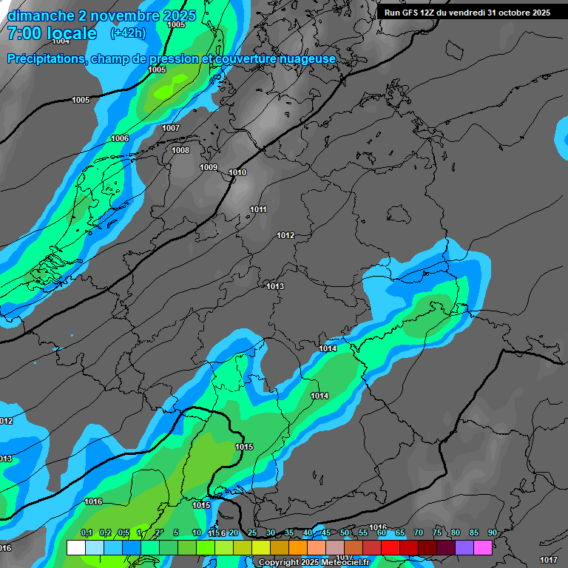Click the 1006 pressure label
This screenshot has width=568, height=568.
[120, 139]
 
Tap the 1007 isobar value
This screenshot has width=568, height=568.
[171, 128]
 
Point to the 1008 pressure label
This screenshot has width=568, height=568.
[180, 150]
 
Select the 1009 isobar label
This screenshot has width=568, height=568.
[209, 167]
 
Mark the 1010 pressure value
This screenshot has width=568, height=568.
[237, 172]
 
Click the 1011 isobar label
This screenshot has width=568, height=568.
[258, 209]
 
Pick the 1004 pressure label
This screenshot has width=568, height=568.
[61, 41]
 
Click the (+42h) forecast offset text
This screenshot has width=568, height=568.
[128, 33]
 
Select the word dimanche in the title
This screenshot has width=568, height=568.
[41, 15]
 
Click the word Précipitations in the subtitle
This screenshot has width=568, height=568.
[44, 59]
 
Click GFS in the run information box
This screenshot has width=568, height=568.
[409, 13]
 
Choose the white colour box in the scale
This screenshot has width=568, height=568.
[75, 547]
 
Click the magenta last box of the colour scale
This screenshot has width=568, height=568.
[483, 547]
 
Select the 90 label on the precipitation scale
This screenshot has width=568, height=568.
[493, 532]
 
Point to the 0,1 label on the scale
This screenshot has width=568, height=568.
[86, 532]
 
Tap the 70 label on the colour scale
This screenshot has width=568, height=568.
[419, 532]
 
